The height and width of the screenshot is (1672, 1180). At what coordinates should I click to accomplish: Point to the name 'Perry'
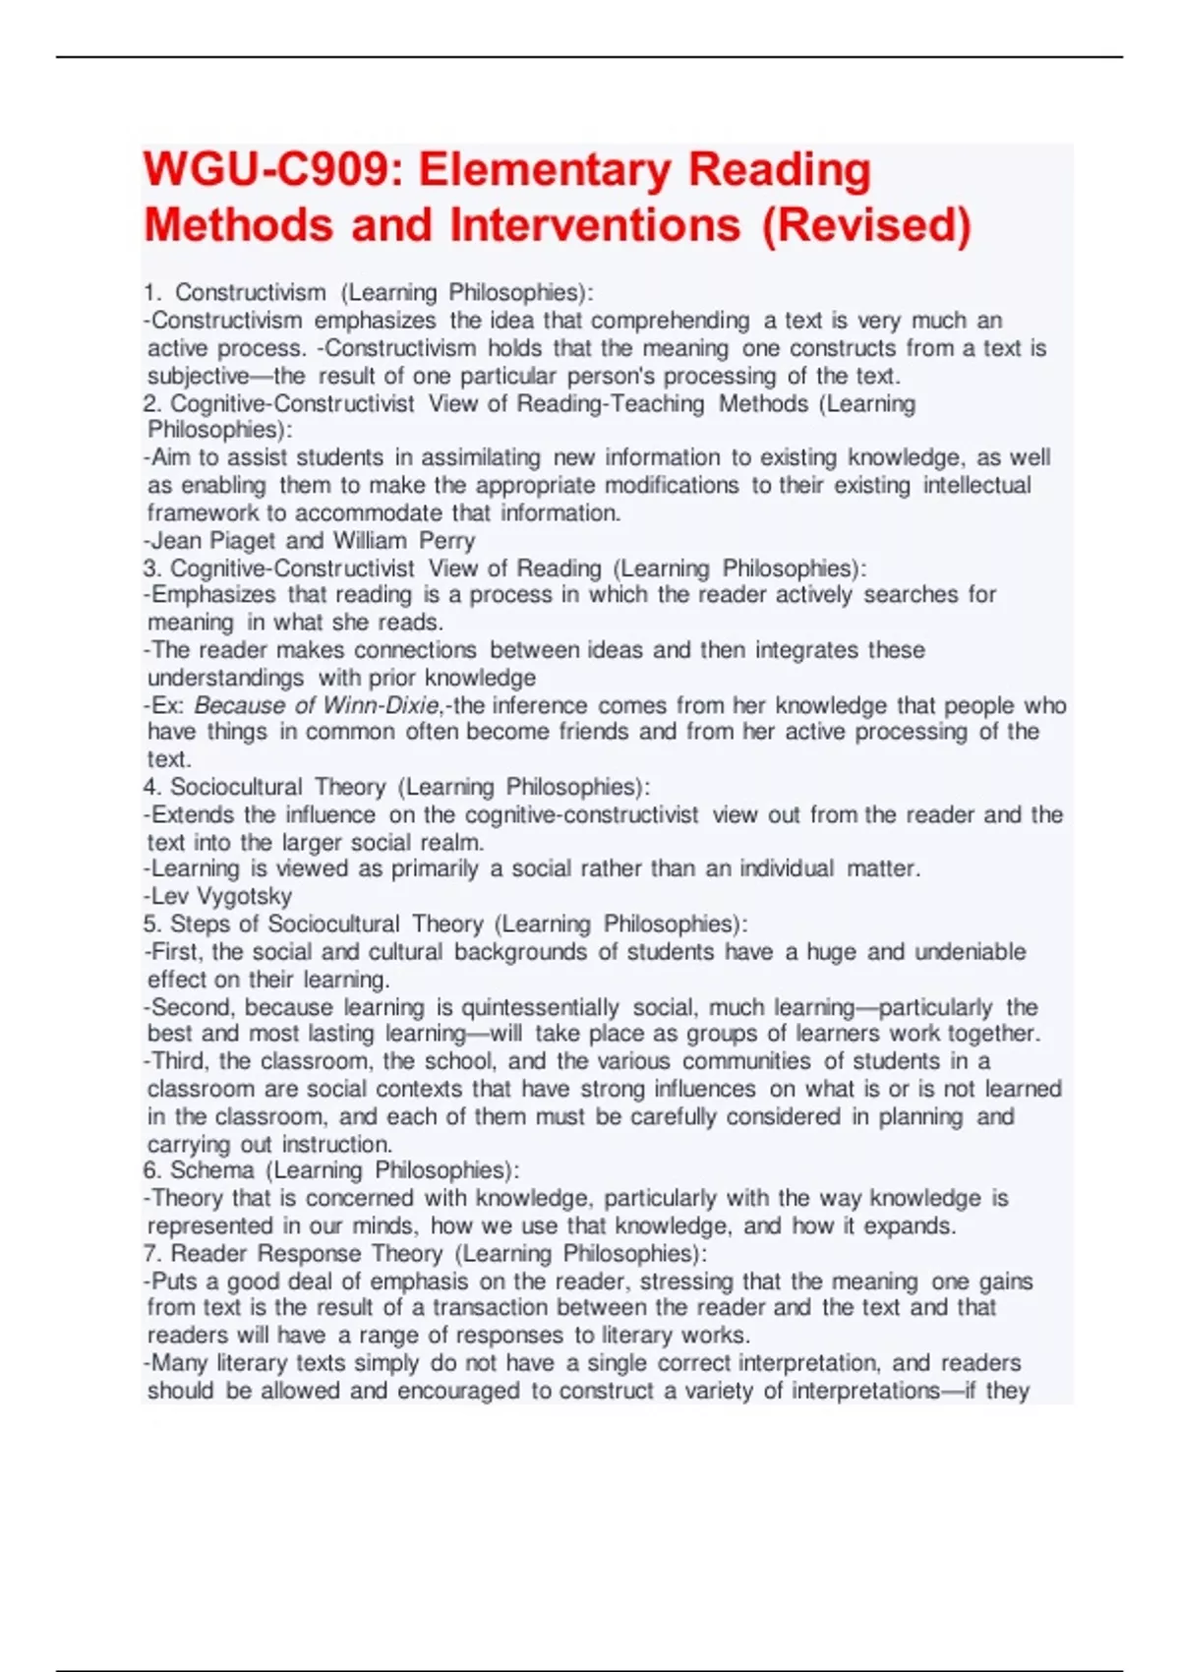pos(446,540)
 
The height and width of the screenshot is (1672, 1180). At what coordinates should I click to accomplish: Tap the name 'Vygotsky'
pos(245,896)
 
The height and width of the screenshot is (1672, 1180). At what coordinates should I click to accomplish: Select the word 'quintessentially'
pos(540,1007)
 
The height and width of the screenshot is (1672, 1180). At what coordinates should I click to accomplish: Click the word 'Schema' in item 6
pos(211,1170)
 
